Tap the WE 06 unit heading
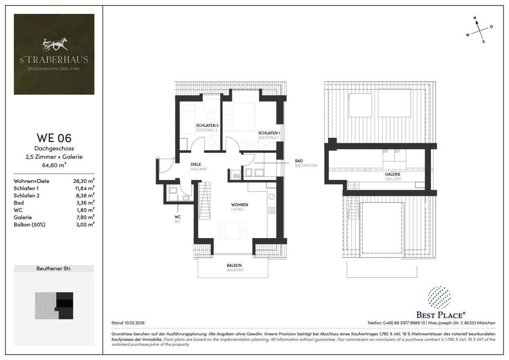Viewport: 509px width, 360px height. point(54,138)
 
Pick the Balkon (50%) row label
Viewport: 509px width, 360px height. point(29,224)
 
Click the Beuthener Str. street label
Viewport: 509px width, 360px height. point(54,269)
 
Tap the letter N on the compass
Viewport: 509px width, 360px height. point(475,18)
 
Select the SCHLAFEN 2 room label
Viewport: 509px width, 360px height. point(207,126)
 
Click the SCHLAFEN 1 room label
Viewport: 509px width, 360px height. point(269,133)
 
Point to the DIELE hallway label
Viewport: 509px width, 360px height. point(196,164)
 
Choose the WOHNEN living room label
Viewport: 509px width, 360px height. point(240,205)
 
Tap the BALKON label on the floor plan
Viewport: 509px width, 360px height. point(235,265)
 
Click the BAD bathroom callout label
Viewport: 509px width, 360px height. point(299,161)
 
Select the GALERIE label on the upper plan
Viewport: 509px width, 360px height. point(393,174)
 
